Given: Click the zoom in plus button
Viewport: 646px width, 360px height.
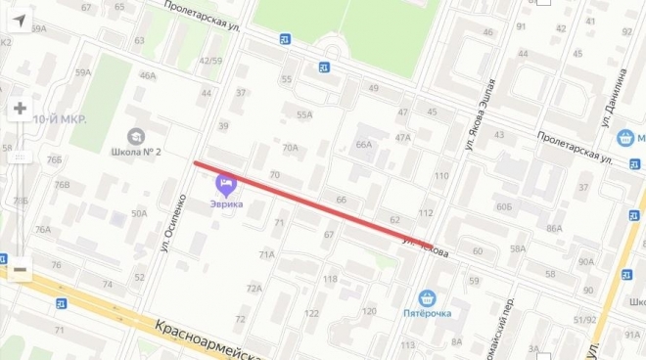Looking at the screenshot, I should tap(20, 109).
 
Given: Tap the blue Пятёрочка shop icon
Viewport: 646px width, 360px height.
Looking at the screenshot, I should tap(427, 297).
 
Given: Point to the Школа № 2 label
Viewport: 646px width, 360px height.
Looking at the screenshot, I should tap(137, 152).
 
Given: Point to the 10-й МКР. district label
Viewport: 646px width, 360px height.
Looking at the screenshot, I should tap(61, 119).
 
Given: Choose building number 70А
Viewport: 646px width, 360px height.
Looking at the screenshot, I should tap(291, 148).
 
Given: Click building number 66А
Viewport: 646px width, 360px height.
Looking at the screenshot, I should tap(364, 144).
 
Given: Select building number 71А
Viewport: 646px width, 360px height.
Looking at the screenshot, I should tap(266, 254).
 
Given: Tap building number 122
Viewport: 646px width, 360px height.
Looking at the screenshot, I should tap(311, 313).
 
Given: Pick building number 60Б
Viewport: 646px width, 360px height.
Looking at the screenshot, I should tap(504, 206).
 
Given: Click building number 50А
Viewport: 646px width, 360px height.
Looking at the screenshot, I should tap(139, 212).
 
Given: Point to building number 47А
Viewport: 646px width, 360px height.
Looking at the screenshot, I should tap(402, 137).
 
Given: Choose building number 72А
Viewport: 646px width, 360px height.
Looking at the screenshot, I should tap(254, 289).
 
